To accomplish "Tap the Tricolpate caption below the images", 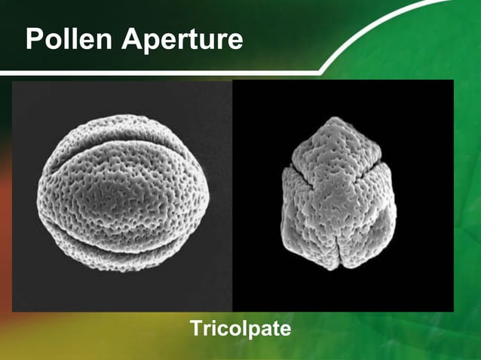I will (x=240, y=328).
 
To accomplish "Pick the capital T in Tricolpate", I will (x=195, y=328).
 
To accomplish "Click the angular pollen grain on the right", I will (x=339, y=196).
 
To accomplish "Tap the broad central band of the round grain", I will (x=121, y=188).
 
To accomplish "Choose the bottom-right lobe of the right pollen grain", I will (x=373, y=226).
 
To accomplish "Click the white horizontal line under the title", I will (x=151, y=72).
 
